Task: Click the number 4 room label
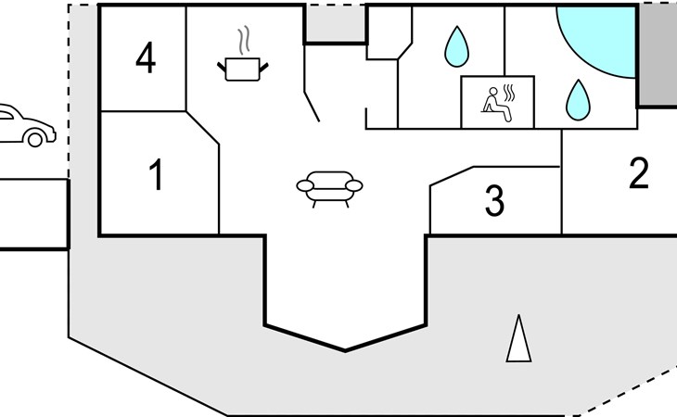pos(146,57)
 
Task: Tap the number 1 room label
pos(157,174)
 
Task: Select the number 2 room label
pos(639,173)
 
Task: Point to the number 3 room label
pos(494,200)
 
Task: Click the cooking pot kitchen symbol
pos(243,69)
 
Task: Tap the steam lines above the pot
pos(245,40)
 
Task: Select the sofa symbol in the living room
pos(329,189)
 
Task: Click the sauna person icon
pos(496,105)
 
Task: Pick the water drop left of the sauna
pos(456,46)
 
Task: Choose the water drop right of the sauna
pos(578,100)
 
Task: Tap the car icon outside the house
pos(27,125)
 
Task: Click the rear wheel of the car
pos(35,139)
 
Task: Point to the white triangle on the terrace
pos(518,338)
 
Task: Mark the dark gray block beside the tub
pos(658,56)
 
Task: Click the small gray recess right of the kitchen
pos(336,24)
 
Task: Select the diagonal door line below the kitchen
pos(312,107)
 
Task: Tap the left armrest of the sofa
pos(305,186)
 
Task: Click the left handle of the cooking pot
pos(221,67)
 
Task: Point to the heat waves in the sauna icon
pos(509,94)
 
